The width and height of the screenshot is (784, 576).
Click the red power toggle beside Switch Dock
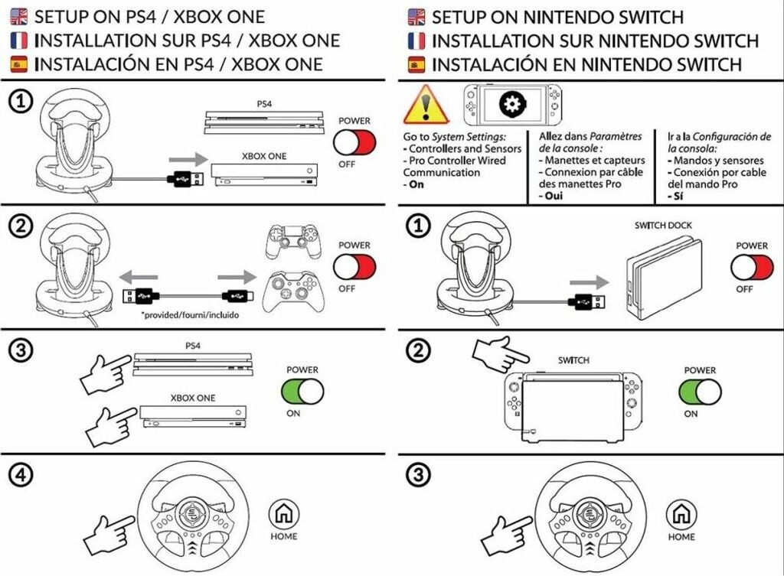tap(752, 267)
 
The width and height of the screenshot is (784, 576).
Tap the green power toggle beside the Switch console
tap(701, 392)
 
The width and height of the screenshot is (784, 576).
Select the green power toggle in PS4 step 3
tap(303, 392)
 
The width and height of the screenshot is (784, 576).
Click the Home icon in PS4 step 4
tap(283, 515)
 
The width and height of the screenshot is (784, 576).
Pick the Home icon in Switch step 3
tap(680, 515)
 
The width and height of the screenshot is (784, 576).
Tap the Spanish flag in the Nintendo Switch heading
tap(416, 64)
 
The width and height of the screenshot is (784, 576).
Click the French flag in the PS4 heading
tap(20, 41)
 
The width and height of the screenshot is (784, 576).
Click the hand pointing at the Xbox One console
tap(112, 425)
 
